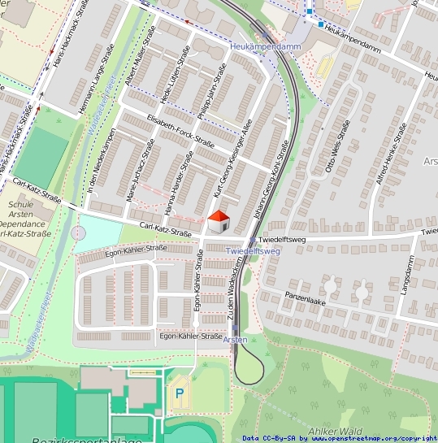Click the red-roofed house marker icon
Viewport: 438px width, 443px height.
click(218, 221)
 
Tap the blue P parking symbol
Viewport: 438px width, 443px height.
click(179, 393)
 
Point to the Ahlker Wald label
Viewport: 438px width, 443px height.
click(335, 430)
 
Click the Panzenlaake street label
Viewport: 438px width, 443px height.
click(305, 299)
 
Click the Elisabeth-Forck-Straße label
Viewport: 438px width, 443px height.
click(180, 132)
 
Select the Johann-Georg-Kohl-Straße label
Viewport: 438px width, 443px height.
click(271, 178)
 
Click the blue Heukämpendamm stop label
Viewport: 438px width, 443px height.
click(266, 48)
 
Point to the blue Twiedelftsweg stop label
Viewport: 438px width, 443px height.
click(253, 252)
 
